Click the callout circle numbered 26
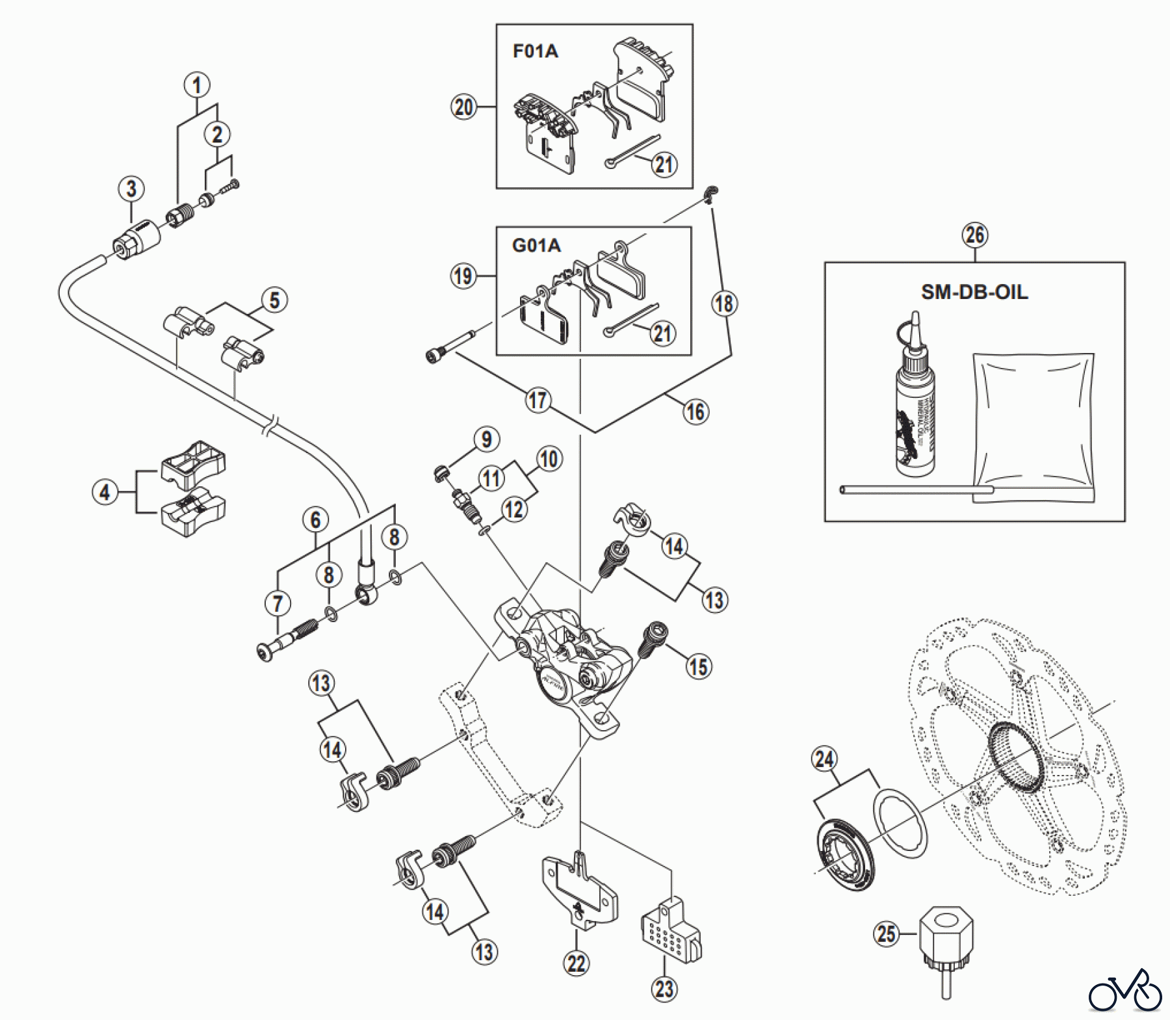(975, 235)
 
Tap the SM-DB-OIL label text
(974, 292)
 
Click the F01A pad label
(535, 51)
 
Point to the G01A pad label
(536, 246)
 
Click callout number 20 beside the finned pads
(463, 107)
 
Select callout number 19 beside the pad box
(463, 276)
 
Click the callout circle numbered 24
(824, 759)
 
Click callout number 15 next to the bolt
(699, 666)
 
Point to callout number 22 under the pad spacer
(577, 963)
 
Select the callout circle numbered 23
(664, 989)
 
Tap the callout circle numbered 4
(105, 492)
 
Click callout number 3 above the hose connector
(131, 189)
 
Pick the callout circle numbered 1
(197, 85)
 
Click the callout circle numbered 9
(487, 439)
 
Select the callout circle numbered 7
(278, 603)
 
